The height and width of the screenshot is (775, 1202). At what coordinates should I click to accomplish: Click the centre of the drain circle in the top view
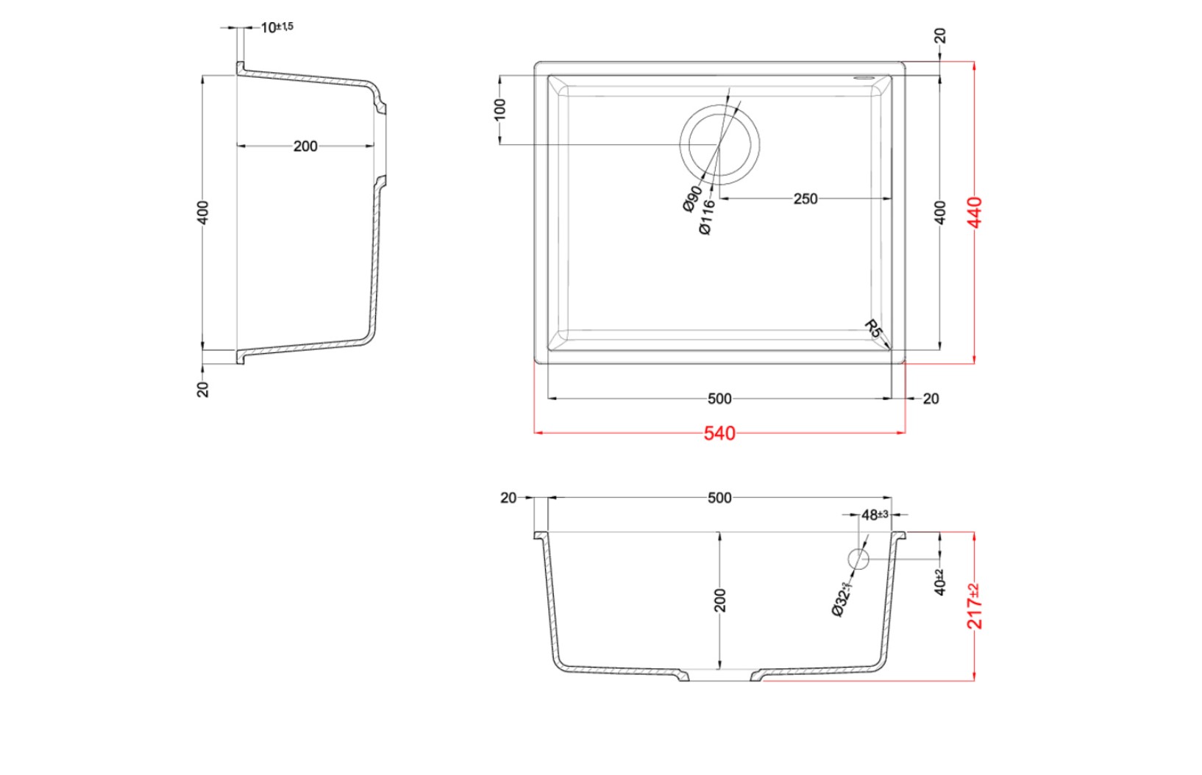(719, 144)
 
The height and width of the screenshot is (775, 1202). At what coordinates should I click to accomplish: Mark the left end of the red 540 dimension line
(535, 432)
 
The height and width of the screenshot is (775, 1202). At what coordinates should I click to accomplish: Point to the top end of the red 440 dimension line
(974, 62)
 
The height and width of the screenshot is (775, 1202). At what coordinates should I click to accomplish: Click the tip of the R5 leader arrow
(890, 349)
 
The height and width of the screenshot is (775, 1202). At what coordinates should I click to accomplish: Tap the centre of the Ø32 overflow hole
(858, 559)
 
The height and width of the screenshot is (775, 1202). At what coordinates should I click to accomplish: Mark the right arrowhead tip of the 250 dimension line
(892, 199)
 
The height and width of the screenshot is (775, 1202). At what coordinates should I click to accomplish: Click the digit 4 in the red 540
(719, 433)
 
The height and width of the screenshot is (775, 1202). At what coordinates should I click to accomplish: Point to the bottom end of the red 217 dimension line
(974, 681)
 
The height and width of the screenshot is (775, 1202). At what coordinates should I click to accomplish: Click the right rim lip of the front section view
(900, 535)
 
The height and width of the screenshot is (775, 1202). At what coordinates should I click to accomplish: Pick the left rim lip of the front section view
(541, 535)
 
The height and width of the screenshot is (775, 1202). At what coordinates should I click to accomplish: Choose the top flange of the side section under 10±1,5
(241, 68)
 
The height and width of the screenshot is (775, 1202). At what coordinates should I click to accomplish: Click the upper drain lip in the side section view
(380, 105)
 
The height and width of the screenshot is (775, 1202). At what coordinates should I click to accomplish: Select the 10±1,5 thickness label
(277, 26)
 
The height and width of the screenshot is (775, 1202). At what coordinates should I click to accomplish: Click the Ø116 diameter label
(707, 217)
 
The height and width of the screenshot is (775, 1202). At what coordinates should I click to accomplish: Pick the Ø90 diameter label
(692, 199)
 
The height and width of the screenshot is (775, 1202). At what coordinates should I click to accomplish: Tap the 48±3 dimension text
(875, 515)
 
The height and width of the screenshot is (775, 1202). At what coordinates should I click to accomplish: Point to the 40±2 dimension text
(939, 582)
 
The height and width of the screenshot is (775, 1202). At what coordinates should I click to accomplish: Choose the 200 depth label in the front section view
(719, 600)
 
